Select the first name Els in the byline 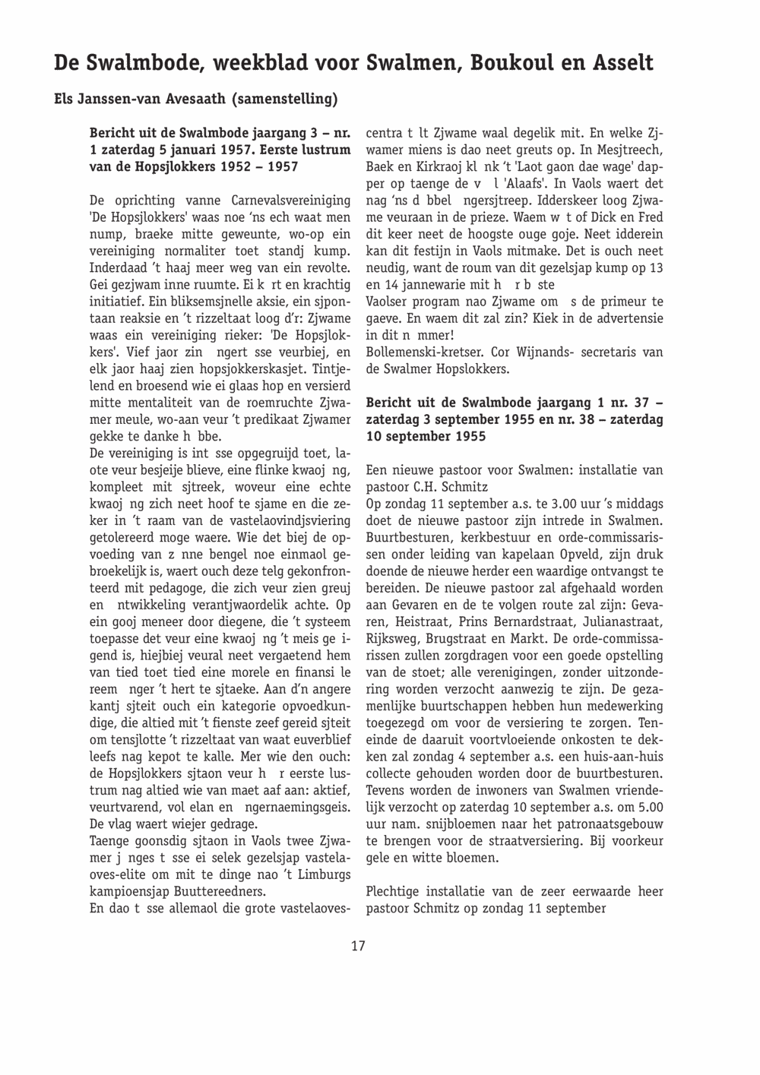66,99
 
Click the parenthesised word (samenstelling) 284,99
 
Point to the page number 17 358,946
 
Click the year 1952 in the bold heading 242,166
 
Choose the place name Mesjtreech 629,150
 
